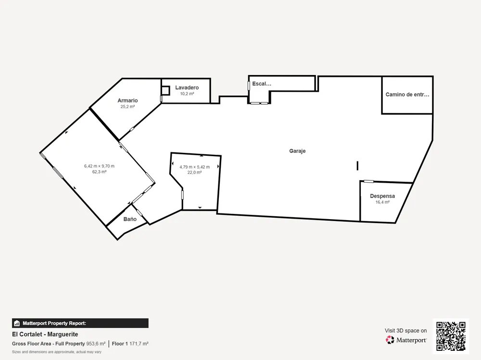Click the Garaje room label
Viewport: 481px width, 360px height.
[297, 151]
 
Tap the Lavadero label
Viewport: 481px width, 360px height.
[187, 87]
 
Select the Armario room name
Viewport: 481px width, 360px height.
[127, 100]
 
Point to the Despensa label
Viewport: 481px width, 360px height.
[382, 196]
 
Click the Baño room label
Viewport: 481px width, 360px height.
[130, 219]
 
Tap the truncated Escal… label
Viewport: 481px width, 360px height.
[262, 84]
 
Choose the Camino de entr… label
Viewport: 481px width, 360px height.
[407, 95]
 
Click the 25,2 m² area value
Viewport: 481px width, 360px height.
[127, 107]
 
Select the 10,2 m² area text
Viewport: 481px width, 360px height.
[187, 94]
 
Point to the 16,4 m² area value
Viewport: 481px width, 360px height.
[382, 202]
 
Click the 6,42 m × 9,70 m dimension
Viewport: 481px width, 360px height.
[100, 166]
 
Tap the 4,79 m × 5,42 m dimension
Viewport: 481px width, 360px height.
[194, 167]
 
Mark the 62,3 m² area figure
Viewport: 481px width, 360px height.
[100, 172]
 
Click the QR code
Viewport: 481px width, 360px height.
[451, 336]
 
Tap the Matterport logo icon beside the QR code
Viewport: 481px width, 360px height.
[390, 340]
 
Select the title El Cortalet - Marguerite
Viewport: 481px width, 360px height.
[45, 334]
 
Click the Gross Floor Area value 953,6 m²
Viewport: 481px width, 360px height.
[96, 344]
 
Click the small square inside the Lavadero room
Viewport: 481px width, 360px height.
[165, 90]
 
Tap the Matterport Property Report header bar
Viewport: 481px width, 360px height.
[80, 323]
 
